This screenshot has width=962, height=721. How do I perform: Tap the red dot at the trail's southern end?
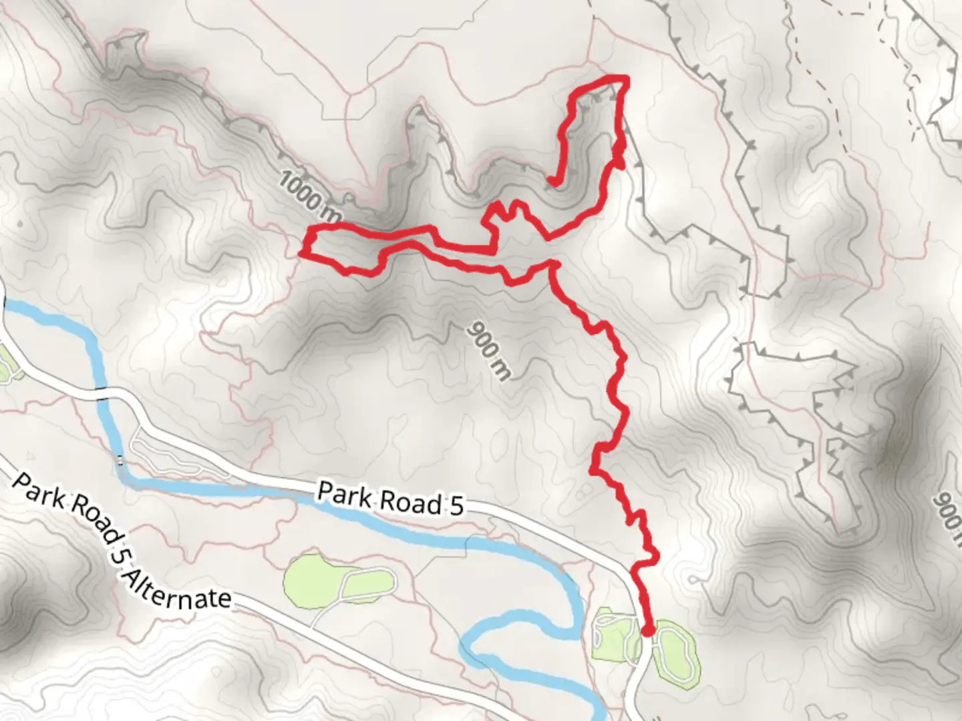(x=647, y=630)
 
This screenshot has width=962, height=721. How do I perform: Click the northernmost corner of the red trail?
(x=625, y=79)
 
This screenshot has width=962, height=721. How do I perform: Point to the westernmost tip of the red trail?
(x=302, y=252)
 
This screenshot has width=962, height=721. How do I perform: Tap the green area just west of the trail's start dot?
(x=613, y=634)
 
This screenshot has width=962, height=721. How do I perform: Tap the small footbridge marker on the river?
(x=120, y=459)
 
